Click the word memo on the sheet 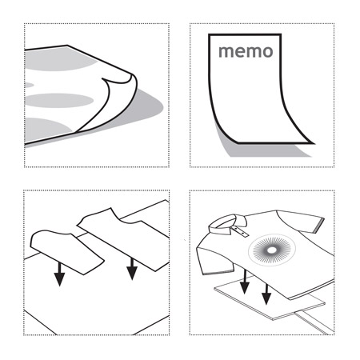(246, 51)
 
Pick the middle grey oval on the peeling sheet (59, 100)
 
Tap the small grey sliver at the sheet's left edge (29, 85)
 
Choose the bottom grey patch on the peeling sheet (46, 130)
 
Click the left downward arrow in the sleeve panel (59, 274)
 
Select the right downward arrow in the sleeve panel (132, 269)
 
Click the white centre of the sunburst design (272, 250)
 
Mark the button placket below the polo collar (240, 231)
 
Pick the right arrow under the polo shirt (266, 294)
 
